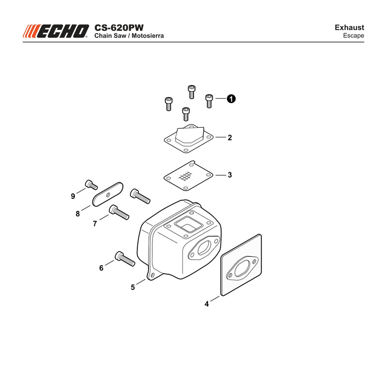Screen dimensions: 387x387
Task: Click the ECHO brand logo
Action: pos(56,31)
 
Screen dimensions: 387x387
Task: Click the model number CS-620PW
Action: pos(119,28)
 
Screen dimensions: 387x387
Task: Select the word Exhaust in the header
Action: pos(349,28)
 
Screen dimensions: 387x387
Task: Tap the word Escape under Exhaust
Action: pos(354,35)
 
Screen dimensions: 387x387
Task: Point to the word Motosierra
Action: pos(148,36)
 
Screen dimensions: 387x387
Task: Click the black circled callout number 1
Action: pos(231,99)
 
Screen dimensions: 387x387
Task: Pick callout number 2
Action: pos(230,137)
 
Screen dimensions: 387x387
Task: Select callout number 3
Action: pos(230,175)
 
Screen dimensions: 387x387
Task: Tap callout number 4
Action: pos(207,304)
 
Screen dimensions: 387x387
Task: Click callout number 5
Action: pos(133,287)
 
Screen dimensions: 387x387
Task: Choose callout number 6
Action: pos(101,268)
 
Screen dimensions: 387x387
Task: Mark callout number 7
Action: pos(95,223)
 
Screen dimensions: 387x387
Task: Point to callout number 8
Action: pos(78,214)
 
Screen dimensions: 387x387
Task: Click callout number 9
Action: pos(73,196)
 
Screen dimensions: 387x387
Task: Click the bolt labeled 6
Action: pos(125,259)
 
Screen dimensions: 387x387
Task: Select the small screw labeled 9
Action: pos(91,185)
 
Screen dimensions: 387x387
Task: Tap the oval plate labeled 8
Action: pos(108,194)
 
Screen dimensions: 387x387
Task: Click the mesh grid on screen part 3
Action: pos(185,176)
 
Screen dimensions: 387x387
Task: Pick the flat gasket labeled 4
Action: pos(241,265)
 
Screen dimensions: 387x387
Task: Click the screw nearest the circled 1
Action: pos(209,101)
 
